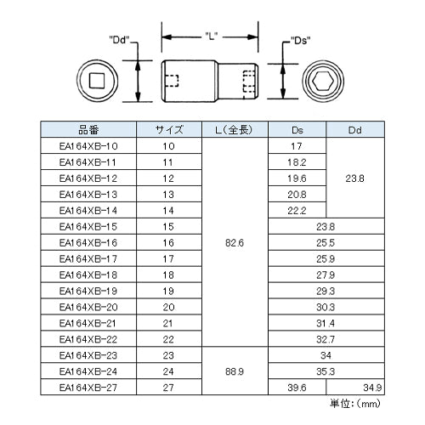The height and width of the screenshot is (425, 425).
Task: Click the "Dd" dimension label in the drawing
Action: click(119, 40)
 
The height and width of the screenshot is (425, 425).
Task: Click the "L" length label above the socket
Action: click(211, 36)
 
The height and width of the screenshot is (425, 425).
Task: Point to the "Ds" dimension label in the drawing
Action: click(301, 41)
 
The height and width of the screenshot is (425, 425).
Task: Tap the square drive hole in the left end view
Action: click(97, 81)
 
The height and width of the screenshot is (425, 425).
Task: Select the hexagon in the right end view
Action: click(323, 81)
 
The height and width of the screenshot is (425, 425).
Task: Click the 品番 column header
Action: click(88, 130)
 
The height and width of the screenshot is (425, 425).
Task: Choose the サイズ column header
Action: click(169, 130)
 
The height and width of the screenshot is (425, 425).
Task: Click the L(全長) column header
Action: click(235, 130)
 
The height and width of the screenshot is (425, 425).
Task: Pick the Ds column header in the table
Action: click(297, 130)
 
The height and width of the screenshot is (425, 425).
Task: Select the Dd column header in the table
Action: click(355, 130)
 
